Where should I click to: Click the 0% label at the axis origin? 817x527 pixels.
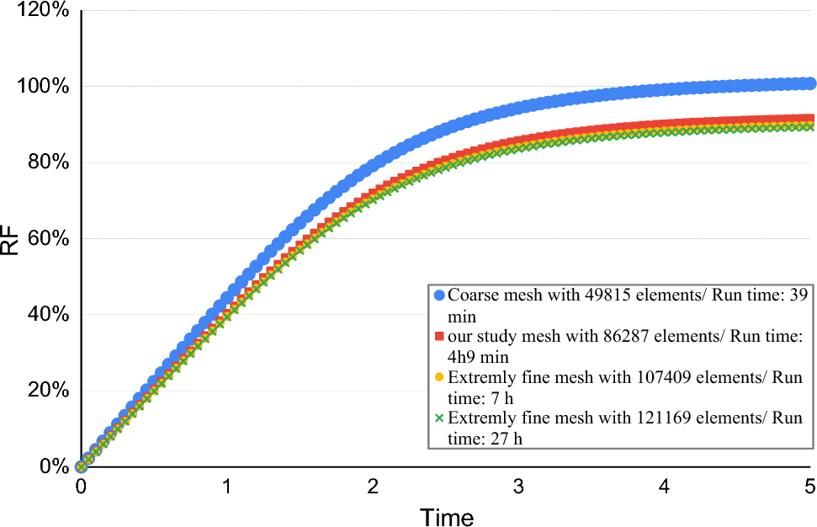tap(50, 466)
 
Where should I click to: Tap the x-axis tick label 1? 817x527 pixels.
tap(226, 487)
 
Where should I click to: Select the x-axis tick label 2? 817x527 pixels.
tap(373, 487)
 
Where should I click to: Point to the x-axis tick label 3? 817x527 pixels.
tap(518, 487)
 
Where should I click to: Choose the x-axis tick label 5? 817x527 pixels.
tap(809, 487)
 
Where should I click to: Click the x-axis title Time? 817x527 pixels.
tap(447, 515)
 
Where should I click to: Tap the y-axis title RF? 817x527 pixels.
tap(11, 240)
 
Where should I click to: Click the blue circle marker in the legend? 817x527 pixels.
tap(438, 295)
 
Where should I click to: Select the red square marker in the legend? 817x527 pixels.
tap(438, 337)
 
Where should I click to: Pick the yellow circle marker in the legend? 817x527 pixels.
tap(438, 376)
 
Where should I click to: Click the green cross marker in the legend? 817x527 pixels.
tap(438, 418)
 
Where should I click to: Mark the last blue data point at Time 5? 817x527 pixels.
tap(809, 83)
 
